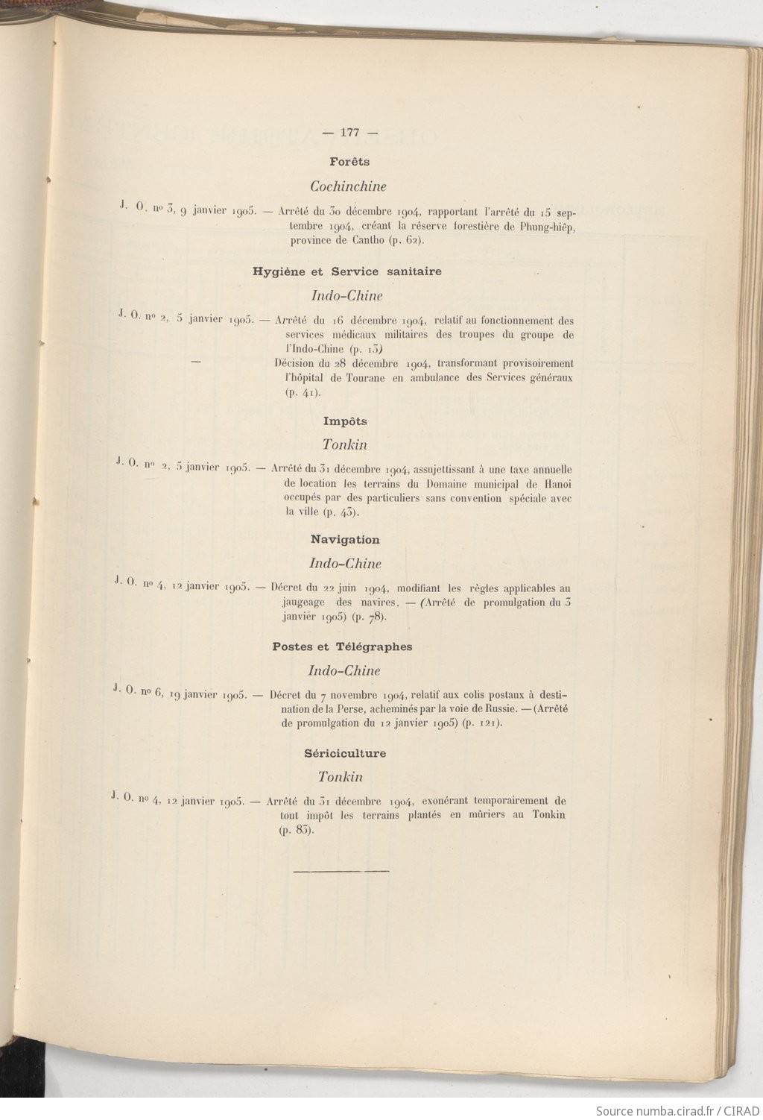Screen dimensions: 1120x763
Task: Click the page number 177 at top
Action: pyautogui.click(x=349, y=133)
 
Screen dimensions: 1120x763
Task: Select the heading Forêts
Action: pyautogui.click(x=349, y=161)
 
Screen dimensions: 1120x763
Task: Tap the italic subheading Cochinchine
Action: pyautogui.click(x=348, y=186)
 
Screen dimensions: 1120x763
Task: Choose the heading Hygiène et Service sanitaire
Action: pyautogui.click(x=347, y=271)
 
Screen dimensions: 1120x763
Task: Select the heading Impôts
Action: pyautogui.click(x=345, y=421)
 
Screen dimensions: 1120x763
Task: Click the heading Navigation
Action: pyautogui.click(x=345, y=540)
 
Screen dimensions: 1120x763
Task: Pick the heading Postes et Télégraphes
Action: pyautogui.click(x=342, y=646)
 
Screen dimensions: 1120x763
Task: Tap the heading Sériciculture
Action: pyautogui.click(x=345, y=753)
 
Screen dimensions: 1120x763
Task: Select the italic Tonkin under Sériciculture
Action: pyautogui.click(x=341, y=777)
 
